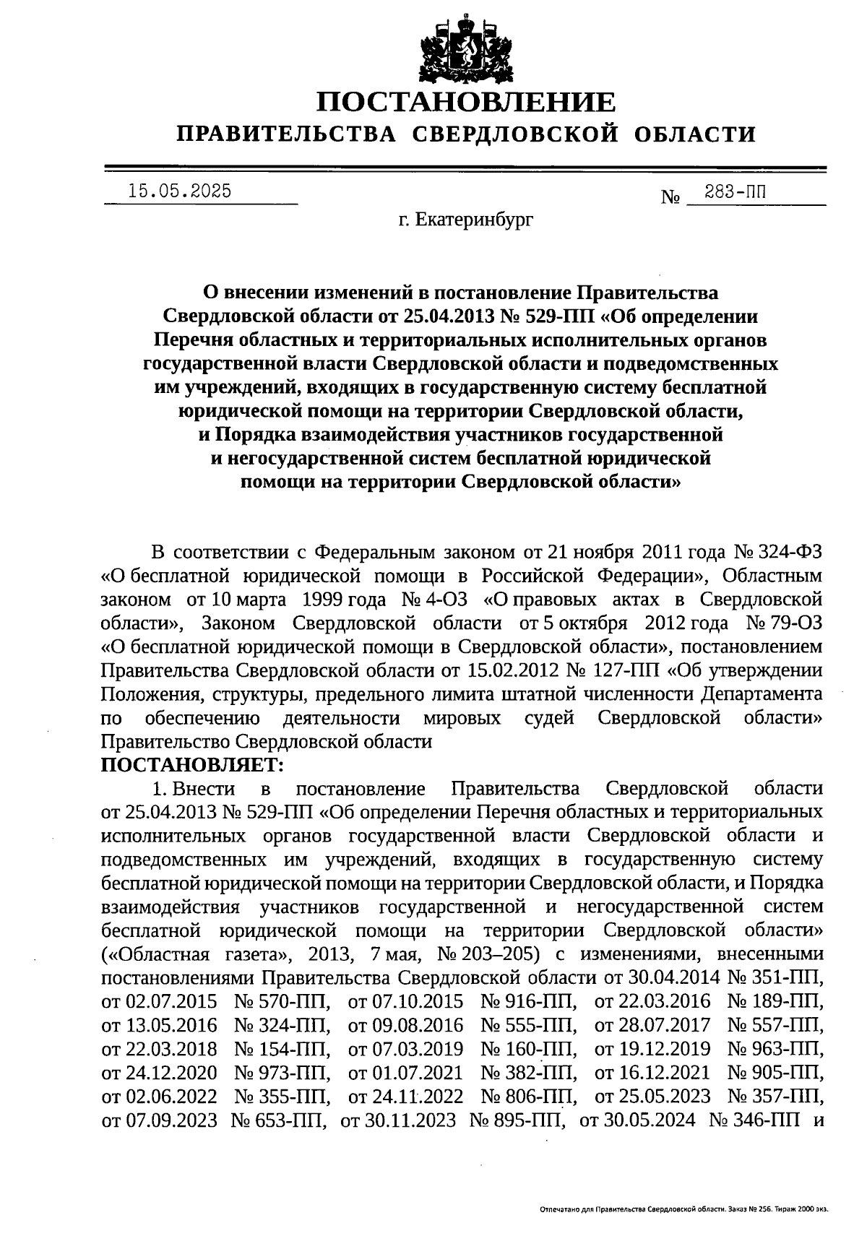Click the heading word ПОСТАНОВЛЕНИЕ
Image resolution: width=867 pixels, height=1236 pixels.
coord(467,102)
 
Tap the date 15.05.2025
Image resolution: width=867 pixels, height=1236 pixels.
coord(179,191)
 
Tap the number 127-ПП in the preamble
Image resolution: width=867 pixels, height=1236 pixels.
coord(623,670)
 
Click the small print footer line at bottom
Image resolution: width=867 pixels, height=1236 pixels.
coord(683,1208)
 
